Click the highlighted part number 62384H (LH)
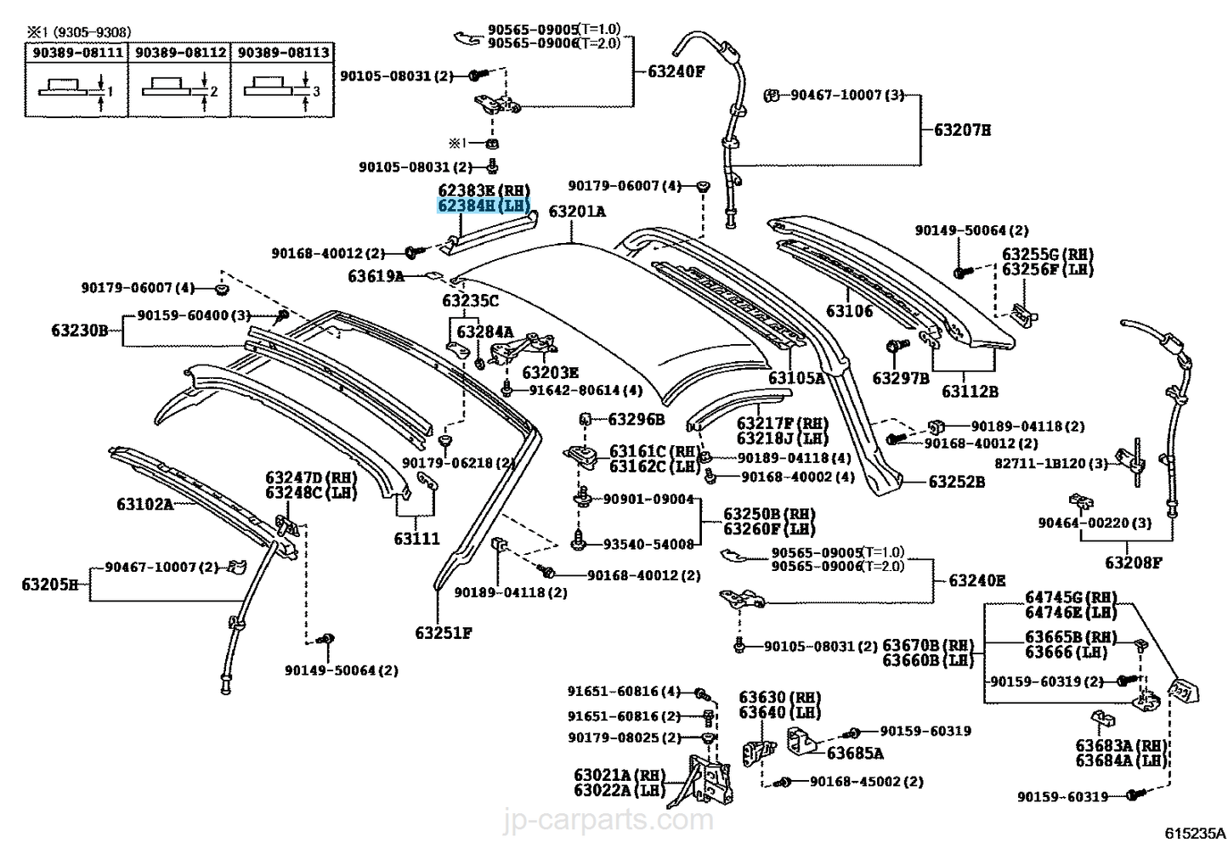pyautogui.click(x=484, y=206)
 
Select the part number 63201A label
pyautogui.click(x=577, y=212)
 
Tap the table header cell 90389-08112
pyautogui.click(x=180, y=53)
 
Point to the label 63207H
pyautogui.click(x=962, y=130)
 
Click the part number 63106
pyautogui.click(x=850, y=311)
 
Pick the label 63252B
pyautogui.click(x=956, y=482)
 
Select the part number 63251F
pyautogui.click(x=444, y=633)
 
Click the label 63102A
pyautogui.click(x=144, y=505)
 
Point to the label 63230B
pyautogui.click(x=80, y=330)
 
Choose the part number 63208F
pyautogui.click(x=1133, y=563)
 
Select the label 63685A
pyautogui.click(x=855, y=754)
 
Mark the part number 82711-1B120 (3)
pyautogui.click(x=1051, y=463)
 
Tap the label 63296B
pyautogui.click(x=637, y=419)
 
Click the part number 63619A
pyautogui.click(x=376, y=276)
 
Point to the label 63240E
pyautogui.click(x=977, y=581)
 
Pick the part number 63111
pyautogui.click(x=416, y=539)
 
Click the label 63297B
pyautogui.click(x=901, y=378)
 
